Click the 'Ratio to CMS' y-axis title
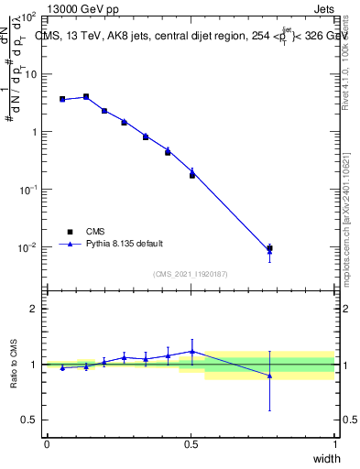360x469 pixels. (13, 365)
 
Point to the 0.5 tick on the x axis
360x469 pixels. (191, 444)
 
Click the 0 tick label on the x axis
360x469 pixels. (47, 444)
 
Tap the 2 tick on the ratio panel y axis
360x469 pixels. (35, 309)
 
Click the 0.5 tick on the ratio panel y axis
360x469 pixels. (31, 420)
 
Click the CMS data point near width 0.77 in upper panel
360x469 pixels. (269, 248)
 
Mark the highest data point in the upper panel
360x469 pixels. (86, 96)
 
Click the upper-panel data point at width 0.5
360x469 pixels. (192, 174)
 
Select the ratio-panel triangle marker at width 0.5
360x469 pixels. (192, 351)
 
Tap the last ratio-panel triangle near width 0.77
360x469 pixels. (269, 376)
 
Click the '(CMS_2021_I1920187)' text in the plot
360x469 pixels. (191, 273)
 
